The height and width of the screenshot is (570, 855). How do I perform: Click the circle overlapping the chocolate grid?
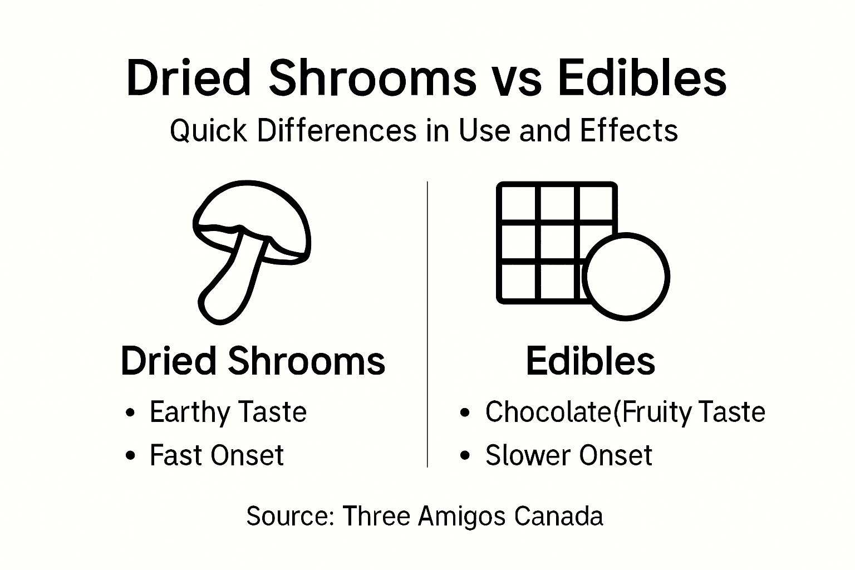[626, 277]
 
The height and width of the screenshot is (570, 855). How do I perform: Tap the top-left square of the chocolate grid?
[518, 203]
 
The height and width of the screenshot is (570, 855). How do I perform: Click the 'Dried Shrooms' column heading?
[253, 361]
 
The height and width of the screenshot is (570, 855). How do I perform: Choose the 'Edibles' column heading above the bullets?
[590, 361]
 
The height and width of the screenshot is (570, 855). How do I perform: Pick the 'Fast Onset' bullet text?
[217, 455]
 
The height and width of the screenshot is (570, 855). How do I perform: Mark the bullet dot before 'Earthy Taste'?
[130, 413]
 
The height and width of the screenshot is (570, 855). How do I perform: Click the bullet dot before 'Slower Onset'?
[465, 456]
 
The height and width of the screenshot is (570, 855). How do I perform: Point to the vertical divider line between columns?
[427, 323]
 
